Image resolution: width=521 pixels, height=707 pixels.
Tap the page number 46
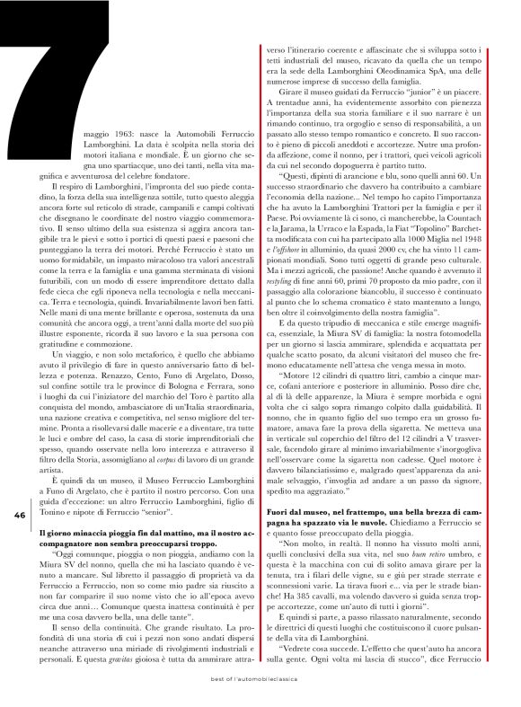pos(18,515)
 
